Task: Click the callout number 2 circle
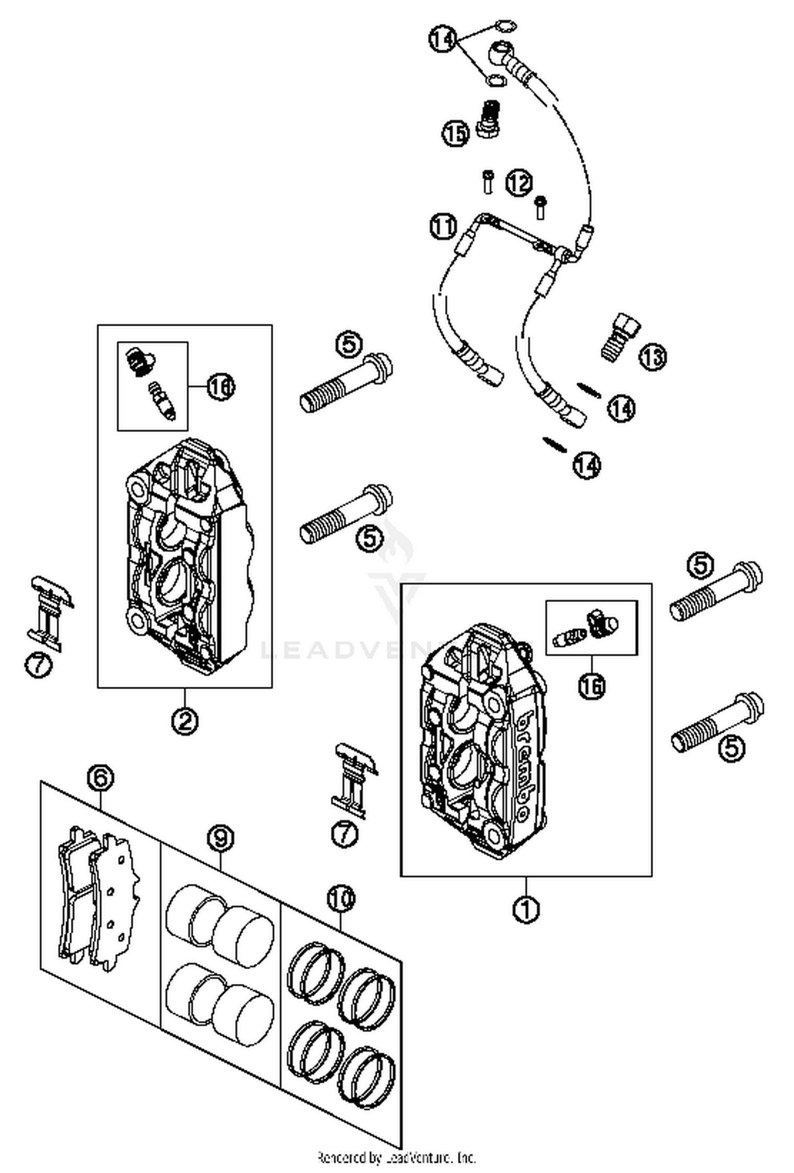(184, 721)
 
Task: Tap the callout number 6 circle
(101, 778)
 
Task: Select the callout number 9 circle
(220, 838)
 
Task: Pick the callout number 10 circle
(340, 898)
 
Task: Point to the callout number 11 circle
(443, 226)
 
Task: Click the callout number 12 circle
(519, 183)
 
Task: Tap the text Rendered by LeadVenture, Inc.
(396, 1157)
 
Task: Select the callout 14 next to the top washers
(442, 39)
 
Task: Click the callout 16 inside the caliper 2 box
(220, 387)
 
